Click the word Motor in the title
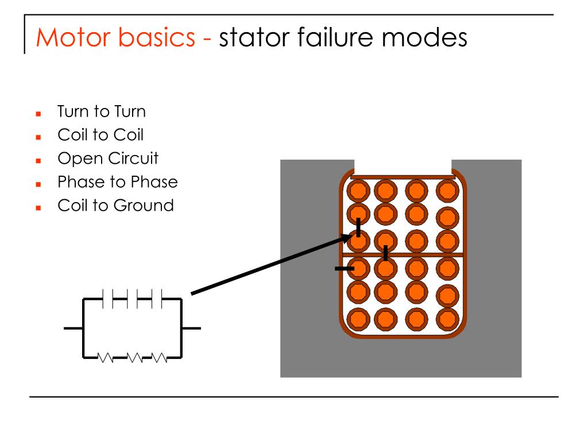point(73,37)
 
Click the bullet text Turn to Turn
point(101,111)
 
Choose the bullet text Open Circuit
point(108,158)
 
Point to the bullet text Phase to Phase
point(117,182)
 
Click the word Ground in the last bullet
point(144,206)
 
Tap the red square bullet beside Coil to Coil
point(38,137)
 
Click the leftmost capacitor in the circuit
point(108,299)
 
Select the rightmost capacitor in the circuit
point(157,299)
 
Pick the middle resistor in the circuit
point(134,357)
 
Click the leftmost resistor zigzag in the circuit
point(106,357)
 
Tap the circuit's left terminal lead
point(73,328)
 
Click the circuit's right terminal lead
point(191,328)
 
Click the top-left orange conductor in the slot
point(358,191)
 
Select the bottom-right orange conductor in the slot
point(447,319)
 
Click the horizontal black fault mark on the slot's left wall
point(345,269)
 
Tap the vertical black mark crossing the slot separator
point(385,253)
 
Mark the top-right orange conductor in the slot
point(447,191)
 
